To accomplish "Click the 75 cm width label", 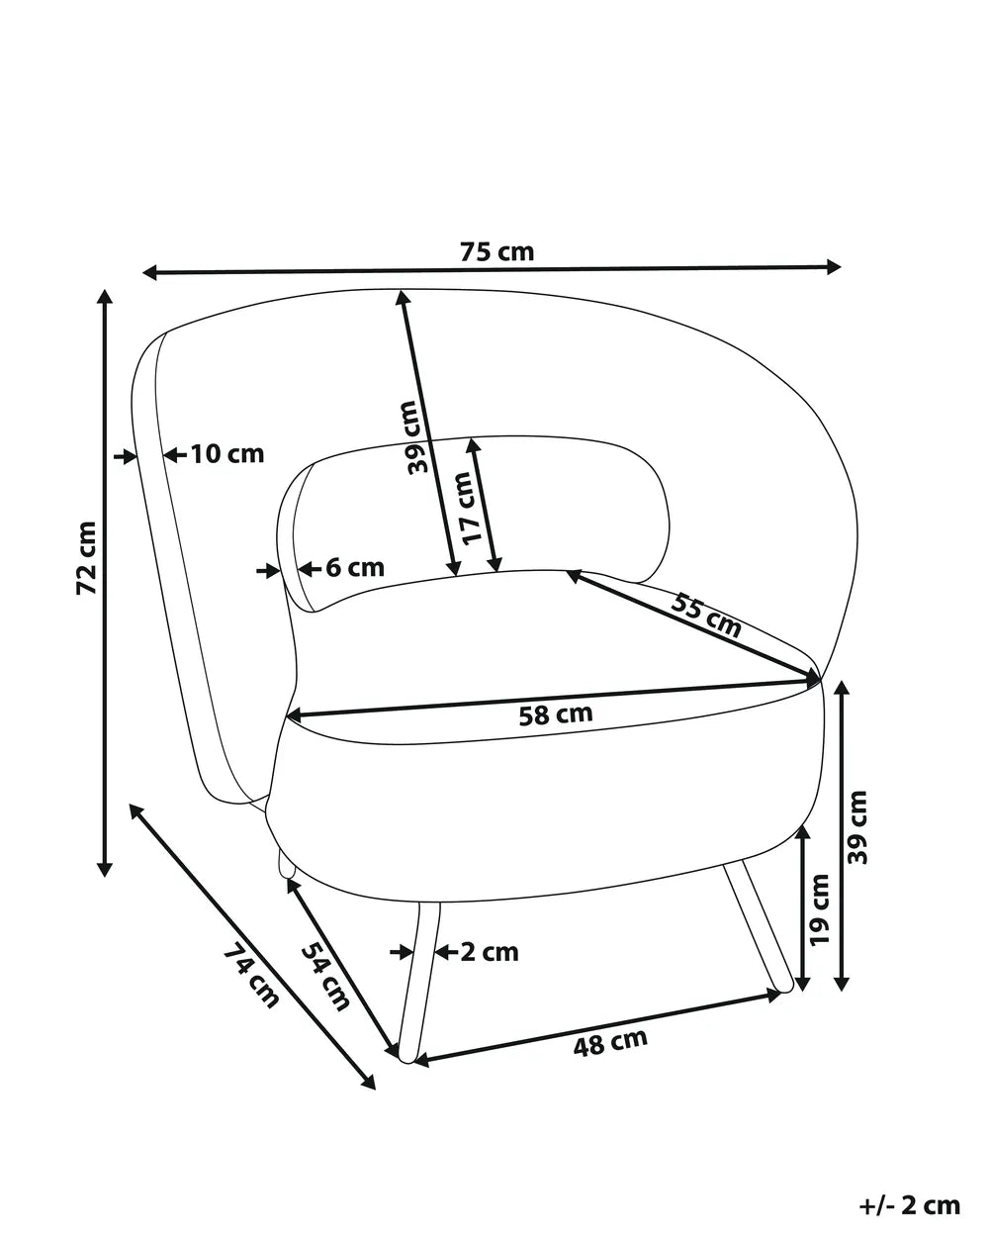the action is click(x=496, y=251).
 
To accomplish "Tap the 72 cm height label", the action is click(x=87, y=557).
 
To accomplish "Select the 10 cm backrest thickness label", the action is click(x=227, y=454).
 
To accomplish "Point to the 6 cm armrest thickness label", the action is click(x=355, y=567).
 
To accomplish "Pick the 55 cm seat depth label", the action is click(x=706, y=617).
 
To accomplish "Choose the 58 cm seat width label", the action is click(x=556, y=714).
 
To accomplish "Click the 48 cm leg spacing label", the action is click(x=610, y=1041).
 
